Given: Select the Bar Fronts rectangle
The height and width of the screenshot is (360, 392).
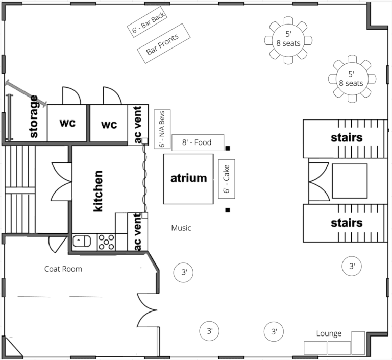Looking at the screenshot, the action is (164, 43).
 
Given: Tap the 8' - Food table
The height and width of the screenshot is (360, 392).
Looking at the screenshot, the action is (198, 142).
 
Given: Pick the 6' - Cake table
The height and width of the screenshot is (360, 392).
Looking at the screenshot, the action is (227, 179).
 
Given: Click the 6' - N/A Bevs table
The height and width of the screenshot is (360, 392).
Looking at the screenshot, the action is (162, 129).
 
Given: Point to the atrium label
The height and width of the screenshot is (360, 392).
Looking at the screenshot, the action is (189, 178).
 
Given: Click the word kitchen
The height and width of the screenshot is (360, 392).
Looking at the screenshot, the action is (98, 191).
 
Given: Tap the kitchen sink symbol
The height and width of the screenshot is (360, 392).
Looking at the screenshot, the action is (82, 241).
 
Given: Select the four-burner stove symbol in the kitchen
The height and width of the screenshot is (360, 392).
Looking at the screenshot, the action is (106, 242).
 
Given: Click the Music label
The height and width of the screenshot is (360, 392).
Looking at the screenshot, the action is (181, 228).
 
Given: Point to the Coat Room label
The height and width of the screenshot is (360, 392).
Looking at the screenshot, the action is (63, 269).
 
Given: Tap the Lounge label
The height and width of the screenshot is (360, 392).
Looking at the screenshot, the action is (329, 333).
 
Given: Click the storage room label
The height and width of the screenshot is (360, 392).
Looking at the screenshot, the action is (34, 116).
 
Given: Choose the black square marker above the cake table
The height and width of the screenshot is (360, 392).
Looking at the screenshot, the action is (228, 149).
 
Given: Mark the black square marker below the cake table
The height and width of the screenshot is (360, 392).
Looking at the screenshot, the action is (228, 210).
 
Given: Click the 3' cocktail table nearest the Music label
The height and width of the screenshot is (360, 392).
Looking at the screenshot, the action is (183, 273).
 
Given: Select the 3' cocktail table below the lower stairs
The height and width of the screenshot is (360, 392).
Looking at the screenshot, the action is (352, 266).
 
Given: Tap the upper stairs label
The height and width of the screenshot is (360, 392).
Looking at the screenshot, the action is (347, 138).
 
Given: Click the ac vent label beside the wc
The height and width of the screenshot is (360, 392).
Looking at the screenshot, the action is (137, 125).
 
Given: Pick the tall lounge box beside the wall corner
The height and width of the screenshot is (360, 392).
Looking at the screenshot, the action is (358, 343).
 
